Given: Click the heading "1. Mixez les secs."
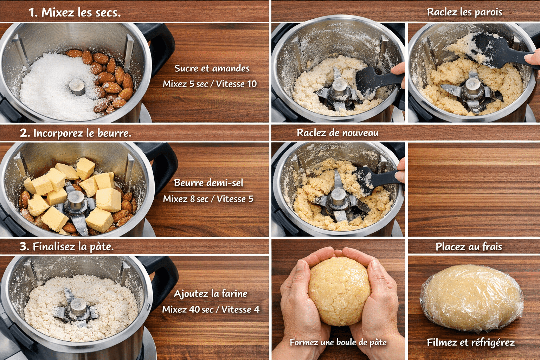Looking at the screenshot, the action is [x=75, y=12].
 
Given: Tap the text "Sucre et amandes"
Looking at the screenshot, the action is [x=212, y=68].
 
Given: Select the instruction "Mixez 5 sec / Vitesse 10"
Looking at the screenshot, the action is [x=210, y=84].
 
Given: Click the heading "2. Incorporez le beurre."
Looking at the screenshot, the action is [x=76, y=133].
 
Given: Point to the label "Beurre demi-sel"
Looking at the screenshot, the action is [x=208, y=183].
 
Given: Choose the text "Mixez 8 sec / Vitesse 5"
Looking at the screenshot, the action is [x=208, y=199].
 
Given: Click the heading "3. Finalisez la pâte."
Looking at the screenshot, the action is [x=66, y=247].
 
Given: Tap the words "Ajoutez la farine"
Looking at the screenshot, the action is [x=211, y=294].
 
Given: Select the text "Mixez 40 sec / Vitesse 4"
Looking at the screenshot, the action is [x=211, y=309].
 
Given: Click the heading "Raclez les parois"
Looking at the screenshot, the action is [x=464, y=12].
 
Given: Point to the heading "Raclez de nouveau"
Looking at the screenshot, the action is [x=337, y=133].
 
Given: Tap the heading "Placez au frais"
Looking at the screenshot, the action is [x=469, y=247].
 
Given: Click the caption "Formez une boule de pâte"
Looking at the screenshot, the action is [x=338, y=342].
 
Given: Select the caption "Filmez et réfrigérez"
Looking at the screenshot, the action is [x=471, y=342].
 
